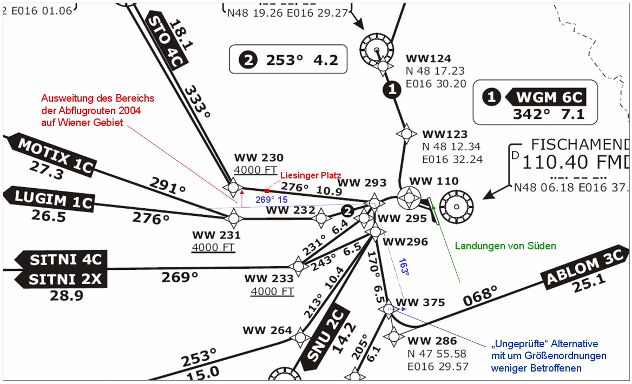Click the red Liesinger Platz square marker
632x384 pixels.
tap(267, 191)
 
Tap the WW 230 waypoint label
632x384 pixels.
tap(259, 158)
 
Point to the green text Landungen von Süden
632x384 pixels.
tap(505, 246)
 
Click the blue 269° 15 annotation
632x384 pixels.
tap(271, 200)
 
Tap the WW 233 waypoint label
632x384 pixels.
tap(269, 279)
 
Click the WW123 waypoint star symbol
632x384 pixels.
tap(406, 133)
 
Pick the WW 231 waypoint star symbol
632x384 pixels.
tap(234, 219)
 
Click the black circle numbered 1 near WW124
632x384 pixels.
tap(392, 90)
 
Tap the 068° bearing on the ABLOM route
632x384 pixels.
tap(480, 295)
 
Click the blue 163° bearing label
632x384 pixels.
tap(404, 267)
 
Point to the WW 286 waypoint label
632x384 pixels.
tap(432, 341)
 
